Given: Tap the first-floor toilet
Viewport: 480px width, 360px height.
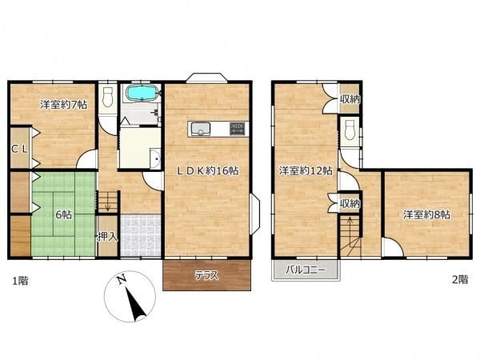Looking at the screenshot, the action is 107,97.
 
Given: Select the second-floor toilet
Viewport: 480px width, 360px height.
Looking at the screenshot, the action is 349,130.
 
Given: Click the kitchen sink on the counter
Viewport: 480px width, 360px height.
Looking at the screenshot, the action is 201,129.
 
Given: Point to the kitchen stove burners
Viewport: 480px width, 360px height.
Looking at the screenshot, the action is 238,129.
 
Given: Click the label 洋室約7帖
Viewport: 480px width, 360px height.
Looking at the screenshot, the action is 64,105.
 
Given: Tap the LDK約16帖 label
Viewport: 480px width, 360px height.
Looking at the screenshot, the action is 208,171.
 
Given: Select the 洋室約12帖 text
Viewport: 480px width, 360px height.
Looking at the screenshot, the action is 306,170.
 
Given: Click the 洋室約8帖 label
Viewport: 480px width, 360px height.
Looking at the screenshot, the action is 426,214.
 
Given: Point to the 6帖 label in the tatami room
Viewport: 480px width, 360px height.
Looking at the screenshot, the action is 63,214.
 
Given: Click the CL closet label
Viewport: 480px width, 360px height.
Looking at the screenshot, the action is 19,149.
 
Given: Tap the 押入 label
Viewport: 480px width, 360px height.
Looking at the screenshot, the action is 107,236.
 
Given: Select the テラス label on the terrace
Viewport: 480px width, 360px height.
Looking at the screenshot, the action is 207,275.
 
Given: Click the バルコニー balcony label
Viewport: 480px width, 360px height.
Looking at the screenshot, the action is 306,270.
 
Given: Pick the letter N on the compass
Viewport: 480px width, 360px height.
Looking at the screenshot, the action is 122,279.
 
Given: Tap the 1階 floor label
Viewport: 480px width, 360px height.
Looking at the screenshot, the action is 20,281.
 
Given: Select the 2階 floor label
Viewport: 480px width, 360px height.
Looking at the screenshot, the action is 460,279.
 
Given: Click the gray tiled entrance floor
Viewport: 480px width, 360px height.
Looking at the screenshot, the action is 141,236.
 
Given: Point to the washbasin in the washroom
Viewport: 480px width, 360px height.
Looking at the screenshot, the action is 156,158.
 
